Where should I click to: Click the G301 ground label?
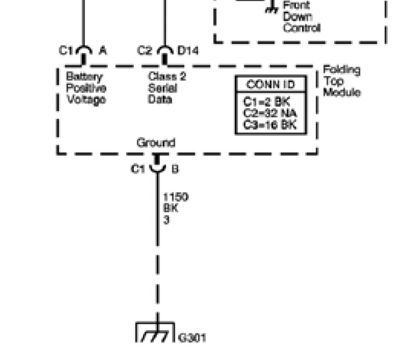click(x=192, y=338)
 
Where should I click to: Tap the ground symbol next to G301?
click(x=155, y=333)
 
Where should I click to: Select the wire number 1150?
click(x=175, y=197)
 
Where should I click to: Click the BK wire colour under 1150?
click(x=171, y=208)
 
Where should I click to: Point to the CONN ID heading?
click(x=270, y=84)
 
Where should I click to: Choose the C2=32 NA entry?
click(x=270, y=113)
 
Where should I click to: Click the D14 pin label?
click(x=188, y=51)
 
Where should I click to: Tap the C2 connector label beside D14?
click(x=144, y=51)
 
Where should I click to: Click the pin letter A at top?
click(x=102, y=51)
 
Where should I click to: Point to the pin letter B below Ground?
click(x=175, y=169)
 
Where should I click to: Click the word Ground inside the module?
click(x=156, y=143)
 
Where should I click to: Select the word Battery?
click(x=84, y=77)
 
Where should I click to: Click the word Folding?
click(x=341, y=70)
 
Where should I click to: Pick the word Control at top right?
click(x=301, y=28)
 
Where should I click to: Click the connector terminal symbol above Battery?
click(x=84, y=54)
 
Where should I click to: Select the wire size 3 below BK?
click(x=166, y=219)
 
